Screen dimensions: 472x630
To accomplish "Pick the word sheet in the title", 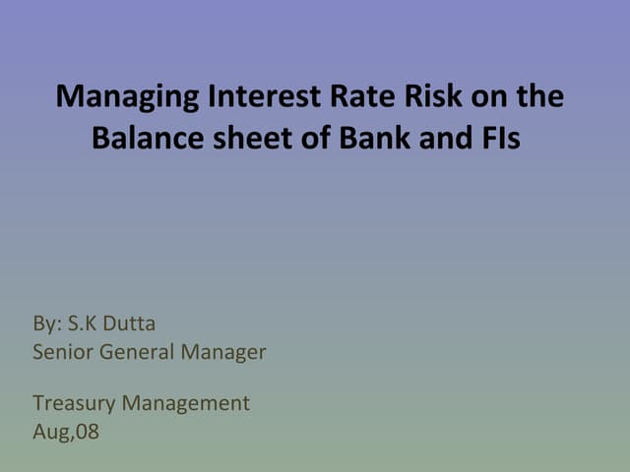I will click(239, 138).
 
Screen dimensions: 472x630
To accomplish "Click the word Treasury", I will click(72, 402).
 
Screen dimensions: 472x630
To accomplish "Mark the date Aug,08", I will click(66, 431).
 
